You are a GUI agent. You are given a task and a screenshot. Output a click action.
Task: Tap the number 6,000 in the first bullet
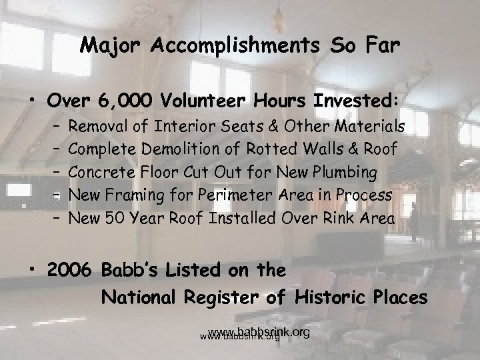pyautogui.click(x=123, y=100)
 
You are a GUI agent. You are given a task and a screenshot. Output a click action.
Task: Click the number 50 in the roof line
pyautogui.click(x=110, y=218)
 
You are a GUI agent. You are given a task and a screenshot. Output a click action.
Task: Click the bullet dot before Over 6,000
pyautogui.click(x=33, y=101)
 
